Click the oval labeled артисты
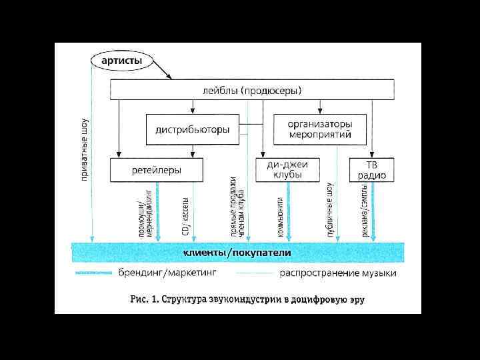point(121,61)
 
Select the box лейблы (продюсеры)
point(251,90)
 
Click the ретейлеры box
point(156,170)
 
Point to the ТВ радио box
point(371,169)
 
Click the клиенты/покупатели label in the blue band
point(237,253)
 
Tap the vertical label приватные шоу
point(85,150)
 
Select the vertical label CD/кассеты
point(186,215)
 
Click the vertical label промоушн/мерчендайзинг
point(146,214)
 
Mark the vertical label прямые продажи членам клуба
point(237,207)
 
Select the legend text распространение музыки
point(338,273)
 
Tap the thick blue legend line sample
point(93,273)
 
